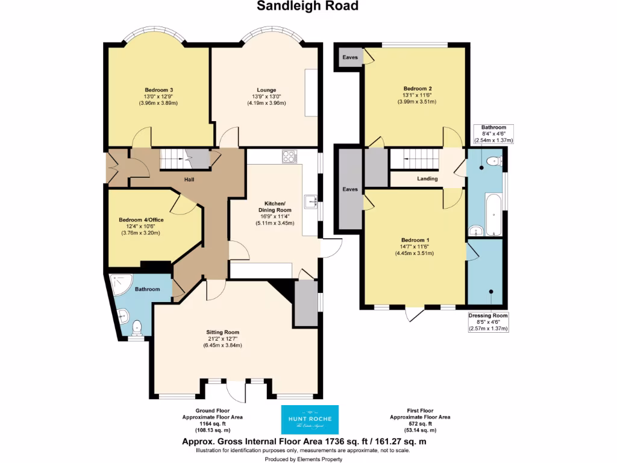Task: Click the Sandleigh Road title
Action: (308, 7)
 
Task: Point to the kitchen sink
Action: (311, 201)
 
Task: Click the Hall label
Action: (189, 179)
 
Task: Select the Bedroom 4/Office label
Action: (141, 220)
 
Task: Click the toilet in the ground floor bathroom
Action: (137, 328)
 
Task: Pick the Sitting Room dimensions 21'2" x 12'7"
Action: (224, 339)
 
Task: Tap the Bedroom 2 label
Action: (417, 88)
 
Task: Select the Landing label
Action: (427, 178)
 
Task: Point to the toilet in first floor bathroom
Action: (494, 160)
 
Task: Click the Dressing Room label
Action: (488, 315)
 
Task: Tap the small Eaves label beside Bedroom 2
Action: (349, 57)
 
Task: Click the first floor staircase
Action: (413, 159)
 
